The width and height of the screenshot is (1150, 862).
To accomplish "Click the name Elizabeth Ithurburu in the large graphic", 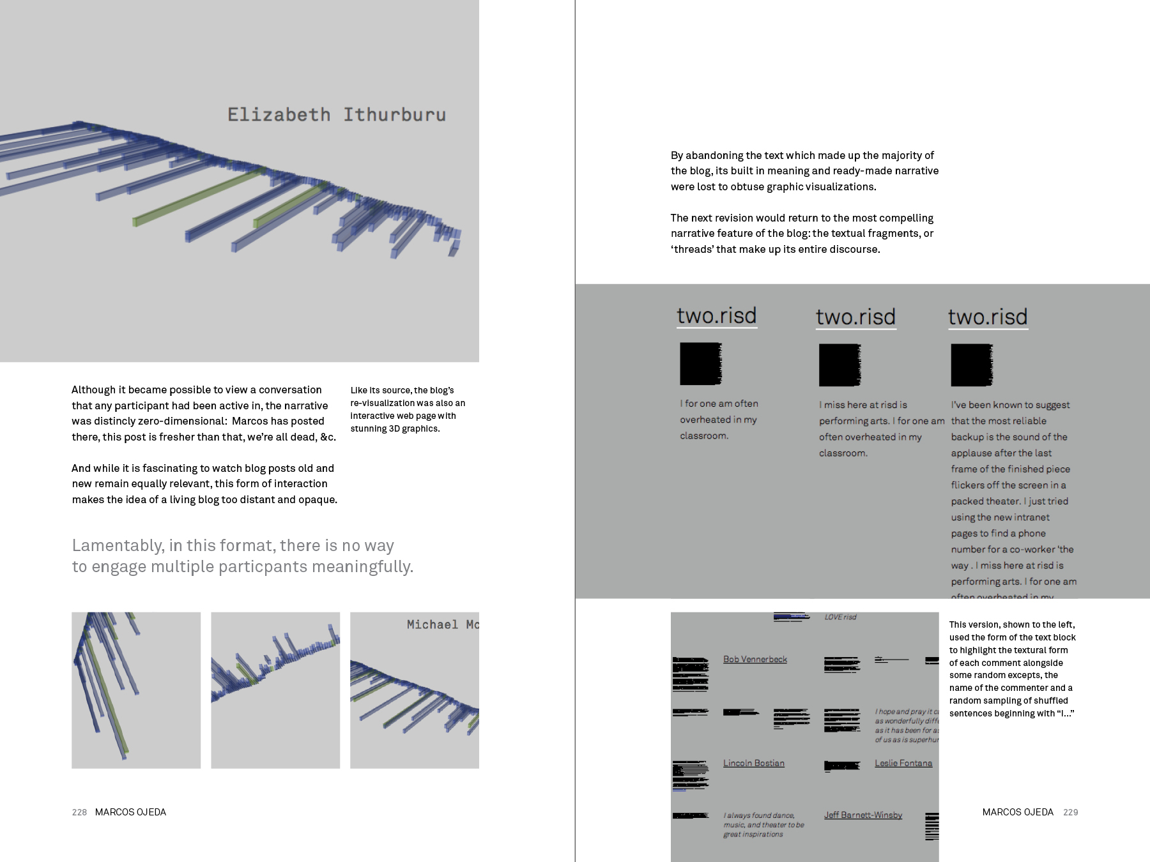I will [x=337, y=115].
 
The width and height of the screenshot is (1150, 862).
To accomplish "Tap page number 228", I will [x=79, y=812].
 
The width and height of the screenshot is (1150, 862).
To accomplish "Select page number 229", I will [x=1071, y=812].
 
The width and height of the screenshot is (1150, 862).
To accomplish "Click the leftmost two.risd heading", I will [x=717, y=316].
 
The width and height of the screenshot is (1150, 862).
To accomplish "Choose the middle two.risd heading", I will [x=855, y=317].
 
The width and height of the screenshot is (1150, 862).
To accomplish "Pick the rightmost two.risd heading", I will [x=988, y=317].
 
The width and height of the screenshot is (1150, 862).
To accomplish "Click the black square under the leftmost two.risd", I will [x=700, y=364].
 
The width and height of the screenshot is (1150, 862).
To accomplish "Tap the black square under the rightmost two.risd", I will [x=971, y=365].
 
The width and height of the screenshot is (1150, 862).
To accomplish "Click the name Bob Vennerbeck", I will [x=755, y=660].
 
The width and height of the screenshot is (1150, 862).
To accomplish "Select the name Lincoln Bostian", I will [x=754, y=763].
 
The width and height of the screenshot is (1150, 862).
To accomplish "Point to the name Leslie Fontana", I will [x=903, y=763].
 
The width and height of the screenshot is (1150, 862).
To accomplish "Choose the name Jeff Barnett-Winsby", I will [x=863, y=815].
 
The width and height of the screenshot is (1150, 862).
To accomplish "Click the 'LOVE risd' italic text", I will [x=840, y=617].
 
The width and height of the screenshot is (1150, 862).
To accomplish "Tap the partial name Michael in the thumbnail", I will [x=433, y=624].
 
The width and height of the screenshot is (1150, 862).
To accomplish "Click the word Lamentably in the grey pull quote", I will [x=118, y=546].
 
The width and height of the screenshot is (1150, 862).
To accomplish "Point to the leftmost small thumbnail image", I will [x=136, y=690].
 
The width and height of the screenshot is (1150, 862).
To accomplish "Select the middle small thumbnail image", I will [x=275, y=690].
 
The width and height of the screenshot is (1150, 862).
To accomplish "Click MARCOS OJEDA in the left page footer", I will [x=130, y=812].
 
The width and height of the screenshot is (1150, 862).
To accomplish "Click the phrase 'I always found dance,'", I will [x=759, y=815].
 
